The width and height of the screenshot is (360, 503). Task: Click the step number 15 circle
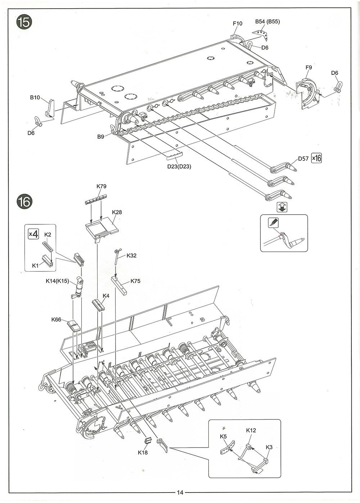(x=24, y=22)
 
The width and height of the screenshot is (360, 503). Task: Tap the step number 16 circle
(x=24, y=201)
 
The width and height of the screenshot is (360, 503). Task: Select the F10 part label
(x=237, y=23)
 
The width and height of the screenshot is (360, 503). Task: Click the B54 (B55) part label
(x=267, y=22)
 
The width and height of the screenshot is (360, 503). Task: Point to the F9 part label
(x=309, y=67)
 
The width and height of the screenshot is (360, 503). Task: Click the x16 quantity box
(x=316, y=158)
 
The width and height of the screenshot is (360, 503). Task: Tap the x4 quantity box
(x=33, y=234)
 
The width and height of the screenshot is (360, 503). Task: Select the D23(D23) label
(x=179, y=167)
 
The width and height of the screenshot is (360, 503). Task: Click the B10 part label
(x=35, y=98)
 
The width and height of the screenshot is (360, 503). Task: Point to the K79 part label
(x=102, y=187)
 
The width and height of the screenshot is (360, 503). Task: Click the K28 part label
(x=117, y=212)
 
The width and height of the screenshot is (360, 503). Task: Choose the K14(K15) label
(x=57, y=281)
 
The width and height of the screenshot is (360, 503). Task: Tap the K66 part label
(x=56, y=319)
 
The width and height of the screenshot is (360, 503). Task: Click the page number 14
(x=180, y=493)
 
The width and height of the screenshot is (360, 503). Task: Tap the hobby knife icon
(x=273, y=222)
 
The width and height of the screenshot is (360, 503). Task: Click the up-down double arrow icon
(x=283, y=207)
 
